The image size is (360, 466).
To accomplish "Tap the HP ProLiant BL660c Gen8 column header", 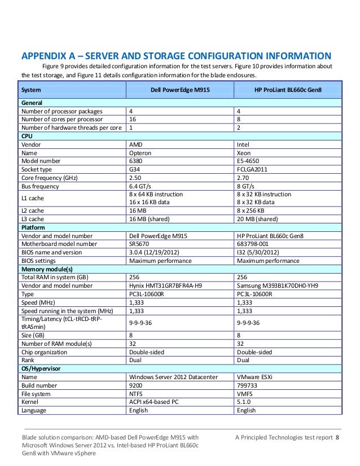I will [x=288, y=90].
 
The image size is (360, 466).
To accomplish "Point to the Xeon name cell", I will [x=244, y=152].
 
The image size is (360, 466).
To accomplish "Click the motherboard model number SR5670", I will [x=140, y=244].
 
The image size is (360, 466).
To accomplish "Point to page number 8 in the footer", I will [x=338, y=438].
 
